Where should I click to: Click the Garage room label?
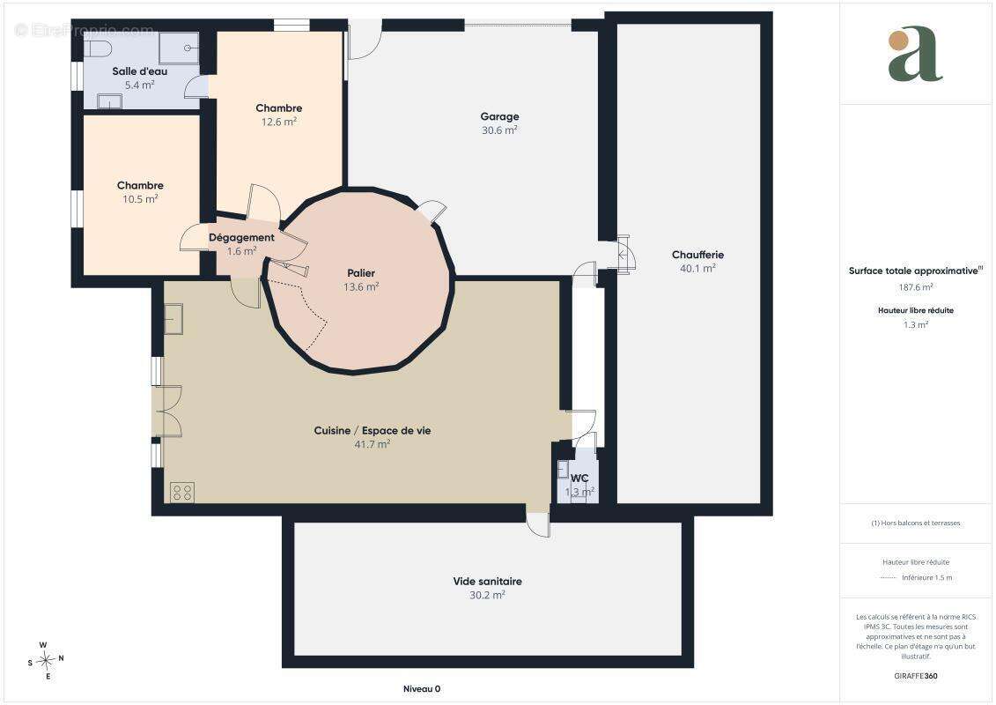point(499,116)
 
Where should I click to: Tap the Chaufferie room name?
point(697,255)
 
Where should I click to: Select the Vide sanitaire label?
point(487,581)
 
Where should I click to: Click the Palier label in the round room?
point(361,273)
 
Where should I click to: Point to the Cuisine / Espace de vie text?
point(373,430)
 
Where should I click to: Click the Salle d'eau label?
point(140,71)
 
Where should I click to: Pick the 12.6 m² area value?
point(279,122)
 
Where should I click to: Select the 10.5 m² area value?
point(140,199)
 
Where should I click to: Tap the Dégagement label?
point(241,238)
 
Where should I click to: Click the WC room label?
point(579,478)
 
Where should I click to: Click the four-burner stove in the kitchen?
point(182,492)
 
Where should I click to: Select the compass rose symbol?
point(45,661)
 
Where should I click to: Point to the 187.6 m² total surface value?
point(915,287)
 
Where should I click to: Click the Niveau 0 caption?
point(422,689)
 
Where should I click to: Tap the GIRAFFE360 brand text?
point(915,676)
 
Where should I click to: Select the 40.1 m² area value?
point(697,269)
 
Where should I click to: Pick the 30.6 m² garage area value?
point(499,130)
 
